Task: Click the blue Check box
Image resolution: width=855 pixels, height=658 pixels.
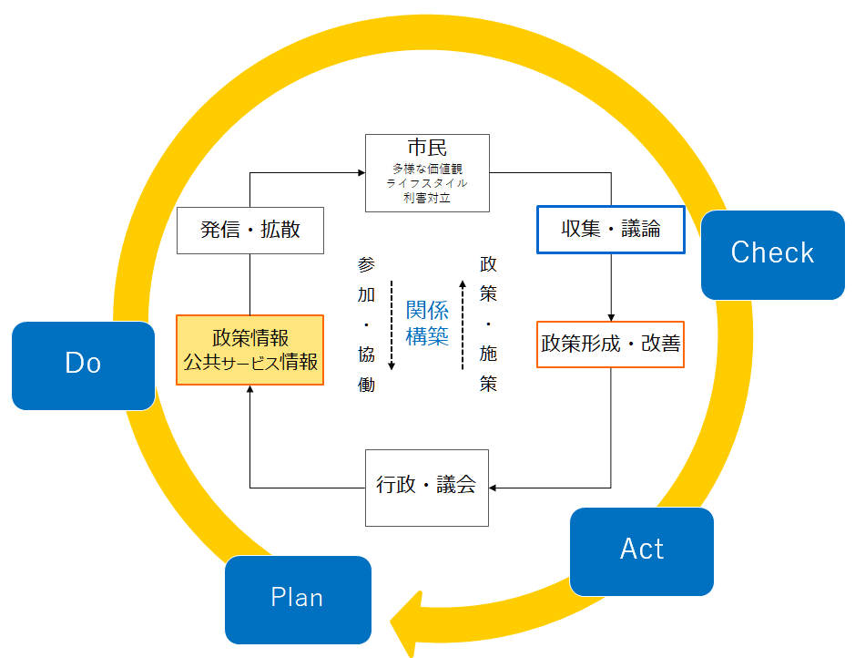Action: pyautogui.click(x=773, y=255)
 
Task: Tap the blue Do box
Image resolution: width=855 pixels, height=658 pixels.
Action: pyautogui.click(x=84, y=365)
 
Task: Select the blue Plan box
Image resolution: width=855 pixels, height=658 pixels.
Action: pyautogui.click(x=299, y=600)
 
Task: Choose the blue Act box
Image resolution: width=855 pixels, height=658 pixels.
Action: pyautogui.click(x=642, y=551)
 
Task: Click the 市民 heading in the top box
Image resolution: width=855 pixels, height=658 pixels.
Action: pyautogui.click(x=427, y=148)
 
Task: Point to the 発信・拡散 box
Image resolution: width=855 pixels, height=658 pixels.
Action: pyautogui.click(x=250, y=231)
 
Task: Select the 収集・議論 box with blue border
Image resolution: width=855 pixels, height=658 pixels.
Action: pyautogui.click(x=611, y=230)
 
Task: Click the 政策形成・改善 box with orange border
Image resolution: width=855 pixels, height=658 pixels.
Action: pyautogui.click(x=610, y=344)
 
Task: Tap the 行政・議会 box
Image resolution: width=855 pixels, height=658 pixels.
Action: pyautogui.click(x=427, y=488)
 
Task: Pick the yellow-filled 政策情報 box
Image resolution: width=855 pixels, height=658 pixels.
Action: pyautogui.click(x=249, y=350)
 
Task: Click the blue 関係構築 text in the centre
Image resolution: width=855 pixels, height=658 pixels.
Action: pyautogui.click(x=427, y=323)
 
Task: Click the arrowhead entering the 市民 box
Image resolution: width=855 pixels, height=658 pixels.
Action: pyautogui.click(x=361, y=173)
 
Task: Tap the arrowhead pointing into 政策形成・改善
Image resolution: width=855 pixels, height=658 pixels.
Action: pyautogui.click(x=611, y=317)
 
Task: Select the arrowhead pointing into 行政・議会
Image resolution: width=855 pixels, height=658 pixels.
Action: pyautogui.click(x=493, y=488)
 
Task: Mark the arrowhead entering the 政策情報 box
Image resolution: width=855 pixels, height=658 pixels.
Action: pyautogui.click(x=249, y=389)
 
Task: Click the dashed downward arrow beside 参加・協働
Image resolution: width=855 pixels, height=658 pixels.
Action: pyautogui.click(x=392, y=325)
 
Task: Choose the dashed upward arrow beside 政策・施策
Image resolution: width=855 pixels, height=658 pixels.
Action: pyautogui.click(x=463, y=325)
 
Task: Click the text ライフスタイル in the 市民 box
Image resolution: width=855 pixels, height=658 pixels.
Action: pyautogui.click(x=427, y=183)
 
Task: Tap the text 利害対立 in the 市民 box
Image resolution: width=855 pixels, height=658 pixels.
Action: pyautogui.click(x=427, y=198)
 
